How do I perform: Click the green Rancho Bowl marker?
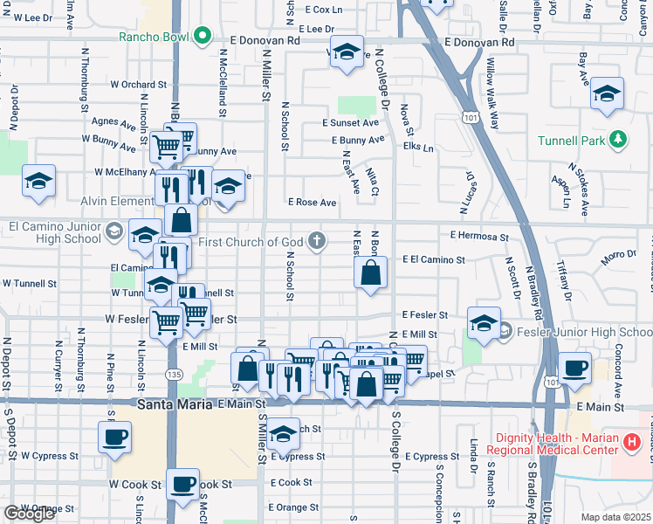pyautogui.click(x=203, y=37)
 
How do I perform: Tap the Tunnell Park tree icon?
pyautogui.click(x=618, y=140)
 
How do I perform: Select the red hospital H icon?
pyautogui.click(x=633, y=443)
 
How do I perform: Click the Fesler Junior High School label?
pyautogui.click(x=581, y=333)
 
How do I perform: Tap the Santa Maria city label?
pyautogui.click(x=175, y=404)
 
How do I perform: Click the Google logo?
pyautogui.click(x=29, y=514)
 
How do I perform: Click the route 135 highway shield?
pyautogui.click(x=175, y=374)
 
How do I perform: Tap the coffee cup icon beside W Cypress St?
pyautogui.click(x=114, y=436)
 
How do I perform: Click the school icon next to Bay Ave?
pyautogui.click(x=607, y=93)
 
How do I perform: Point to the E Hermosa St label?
pyautogui.click(x=479, y=236)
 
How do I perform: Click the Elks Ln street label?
pyautogui.click(x=418, y=148)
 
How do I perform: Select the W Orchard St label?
pyautogui.click(x=138, y=85)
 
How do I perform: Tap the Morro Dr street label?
pyautogui.click(x=619, y=256)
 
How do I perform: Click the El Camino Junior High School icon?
pyautogui.click(x=113, y=231)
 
